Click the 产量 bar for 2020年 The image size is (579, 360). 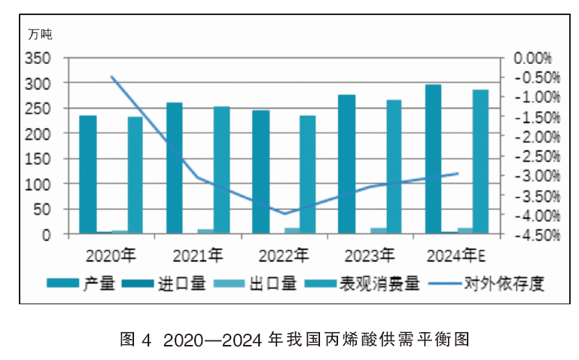coord(88,174)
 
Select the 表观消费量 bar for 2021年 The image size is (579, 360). coord(221,170)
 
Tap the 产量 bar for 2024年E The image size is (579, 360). coord(433,159)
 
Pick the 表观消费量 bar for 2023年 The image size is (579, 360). coord(394,166)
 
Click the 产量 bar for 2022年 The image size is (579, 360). coord(261,172)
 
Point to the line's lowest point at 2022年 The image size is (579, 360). coord(285,213)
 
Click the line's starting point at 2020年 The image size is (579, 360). coord(111,76)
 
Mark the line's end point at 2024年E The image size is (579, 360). coord(458,173)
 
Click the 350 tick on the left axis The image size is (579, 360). coord(38,58)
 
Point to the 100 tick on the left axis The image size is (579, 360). coord(38,185)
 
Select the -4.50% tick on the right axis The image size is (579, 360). coord(538,235)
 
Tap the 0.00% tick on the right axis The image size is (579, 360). coord(532,58)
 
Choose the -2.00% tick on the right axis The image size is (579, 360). coord(538,137)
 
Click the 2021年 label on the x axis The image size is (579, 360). coord(198,255)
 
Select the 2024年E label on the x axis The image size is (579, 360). coord(456,255)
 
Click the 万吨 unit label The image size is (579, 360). coord(40,35)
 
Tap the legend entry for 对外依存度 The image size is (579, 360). coord(486,284)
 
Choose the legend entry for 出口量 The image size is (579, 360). coord(255,284)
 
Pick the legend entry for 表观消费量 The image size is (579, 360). coord(362,284)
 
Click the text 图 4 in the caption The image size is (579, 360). coord(136,340)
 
